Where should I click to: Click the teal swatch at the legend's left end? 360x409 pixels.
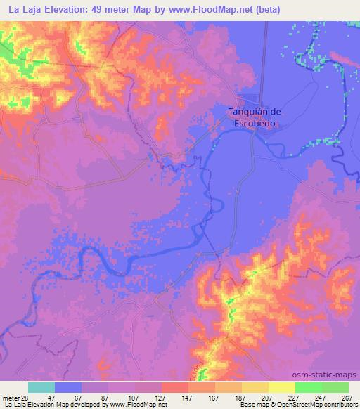pos(41,388)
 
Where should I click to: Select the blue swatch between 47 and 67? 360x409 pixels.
pos(67,388)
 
